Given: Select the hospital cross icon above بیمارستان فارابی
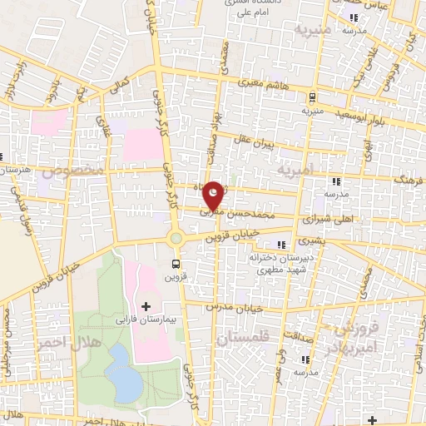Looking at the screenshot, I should (146, 307).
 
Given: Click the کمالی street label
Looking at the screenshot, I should (121, 86).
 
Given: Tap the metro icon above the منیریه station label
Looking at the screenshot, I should (311, 97).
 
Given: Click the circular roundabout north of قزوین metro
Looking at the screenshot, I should (176, 238).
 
